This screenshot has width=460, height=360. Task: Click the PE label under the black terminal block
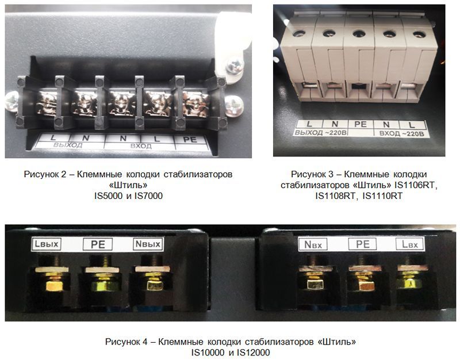click(190, 139)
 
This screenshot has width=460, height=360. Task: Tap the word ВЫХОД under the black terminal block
click(68, 145)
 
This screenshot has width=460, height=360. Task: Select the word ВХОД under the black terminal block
click(141, 146)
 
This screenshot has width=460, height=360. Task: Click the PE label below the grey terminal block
click(361, 124)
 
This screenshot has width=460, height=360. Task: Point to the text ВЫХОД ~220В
click(321, 133)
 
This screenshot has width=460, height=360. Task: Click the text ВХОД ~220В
click(401, 134)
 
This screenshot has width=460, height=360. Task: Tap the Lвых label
click(47, 244)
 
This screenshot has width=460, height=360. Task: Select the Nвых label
click(148, 244)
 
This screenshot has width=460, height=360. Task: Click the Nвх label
click(313, 244)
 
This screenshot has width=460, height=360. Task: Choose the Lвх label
click(410, 244)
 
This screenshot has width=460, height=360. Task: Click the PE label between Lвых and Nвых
click(98, 244)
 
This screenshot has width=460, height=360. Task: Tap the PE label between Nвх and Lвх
click(363, 244)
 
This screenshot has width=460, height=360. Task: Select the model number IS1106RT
click(414, 185)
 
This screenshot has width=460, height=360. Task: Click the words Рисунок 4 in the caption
click(126, 342)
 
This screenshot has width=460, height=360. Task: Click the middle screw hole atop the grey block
click(359, 34)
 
